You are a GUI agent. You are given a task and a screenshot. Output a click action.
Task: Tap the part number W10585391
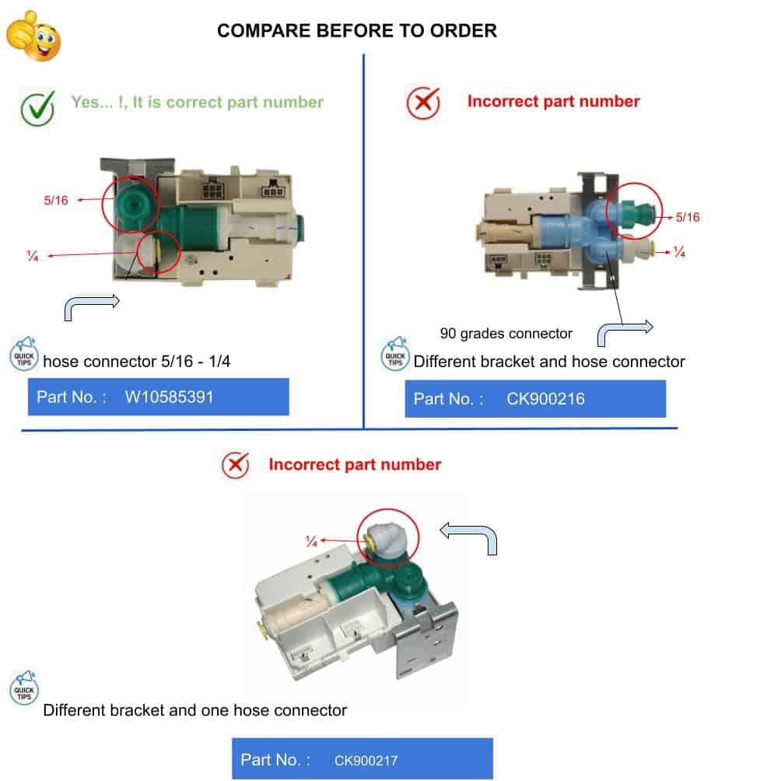click(169, 397)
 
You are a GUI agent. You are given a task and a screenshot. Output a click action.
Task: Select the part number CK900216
click(545, 398)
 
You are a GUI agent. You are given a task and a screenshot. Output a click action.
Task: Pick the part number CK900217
click(366, 761)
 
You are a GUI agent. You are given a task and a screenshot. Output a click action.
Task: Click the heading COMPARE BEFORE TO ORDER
click(356, 31)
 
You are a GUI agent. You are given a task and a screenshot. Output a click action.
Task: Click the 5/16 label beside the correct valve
click(56, 200)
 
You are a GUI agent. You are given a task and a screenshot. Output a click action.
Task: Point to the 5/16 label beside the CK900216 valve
click(688, 217)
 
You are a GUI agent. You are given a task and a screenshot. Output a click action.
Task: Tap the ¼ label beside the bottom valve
click(311, 541)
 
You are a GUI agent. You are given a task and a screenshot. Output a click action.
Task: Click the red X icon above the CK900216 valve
click(423, 103)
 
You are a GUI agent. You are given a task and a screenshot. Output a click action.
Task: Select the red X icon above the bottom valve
click(236, 465)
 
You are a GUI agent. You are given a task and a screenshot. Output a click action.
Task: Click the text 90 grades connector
click(506, 333)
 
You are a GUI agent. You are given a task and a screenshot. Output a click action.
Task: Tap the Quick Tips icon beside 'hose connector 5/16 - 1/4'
click(24, 354)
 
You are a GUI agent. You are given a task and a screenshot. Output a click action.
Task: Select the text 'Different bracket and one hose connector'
click(194, 709)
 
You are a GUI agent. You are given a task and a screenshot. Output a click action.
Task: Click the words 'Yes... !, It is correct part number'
click(198, 102)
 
